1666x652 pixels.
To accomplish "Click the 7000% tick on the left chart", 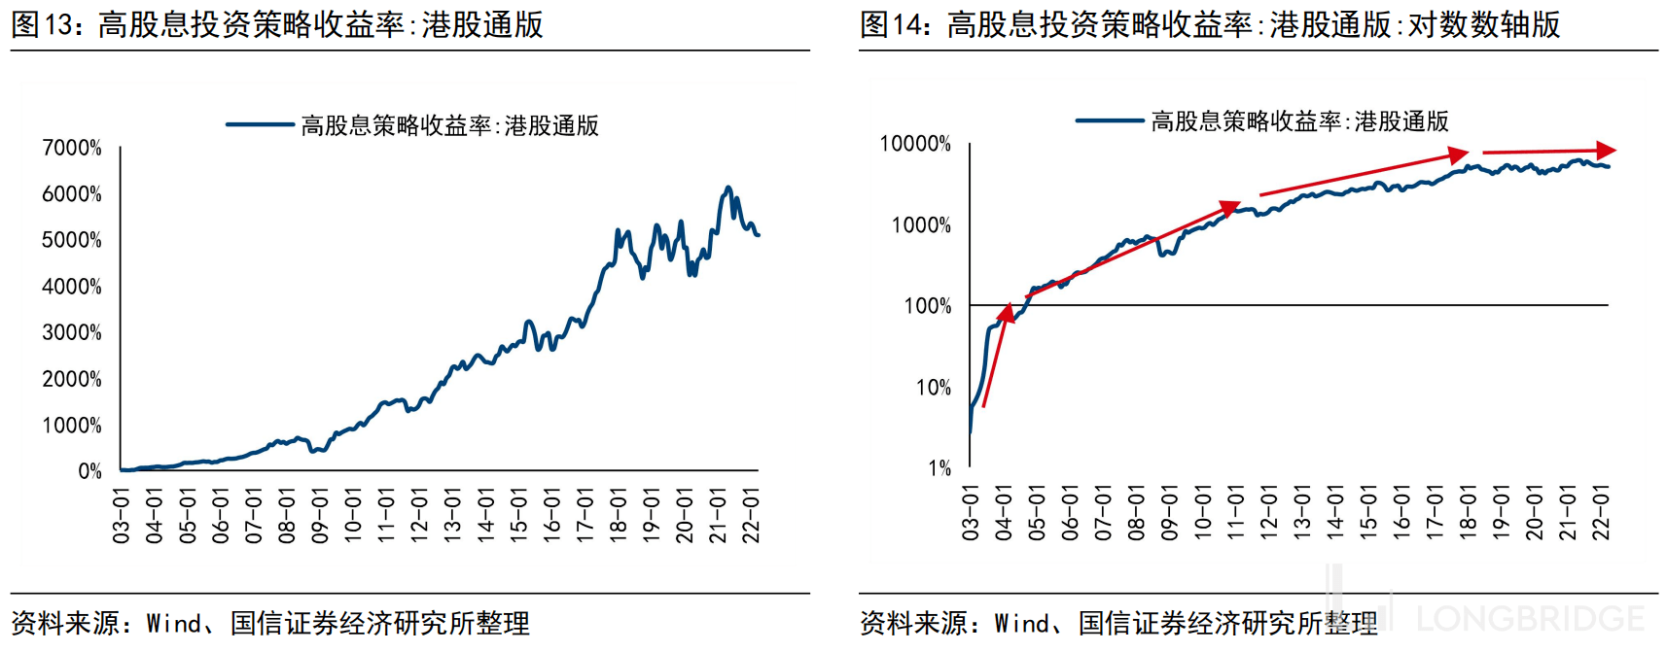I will (72, 148).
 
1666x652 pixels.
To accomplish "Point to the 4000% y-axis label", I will (72, 287).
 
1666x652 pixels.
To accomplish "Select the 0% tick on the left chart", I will (89, 471).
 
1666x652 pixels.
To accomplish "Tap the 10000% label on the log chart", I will (915, 144).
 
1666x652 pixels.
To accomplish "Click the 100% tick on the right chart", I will (928, 306).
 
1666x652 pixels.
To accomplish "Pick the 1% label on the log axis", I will (939, 468).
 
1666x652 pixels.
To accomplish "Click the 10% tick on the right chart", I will (934, 388).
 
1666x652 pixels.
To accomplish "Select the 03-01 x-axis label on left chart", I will (122, 516).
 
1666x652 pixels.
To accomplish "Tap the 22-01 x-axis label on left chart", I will (751, 516).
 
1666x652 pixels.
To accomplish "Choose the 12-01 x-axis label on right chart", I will (1268, 512).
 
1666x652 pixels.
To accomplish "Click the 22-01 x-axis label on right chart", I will (1600, 512).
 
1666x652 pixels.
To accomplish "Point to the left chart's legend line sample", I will (260, 124).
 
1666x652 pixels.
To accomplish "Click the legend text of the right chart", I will (1299, 121).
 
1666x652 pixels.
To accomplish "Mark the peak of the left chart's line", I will (727, 188).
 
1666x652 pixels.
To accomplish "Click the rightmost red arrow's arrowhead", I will (1607, 151).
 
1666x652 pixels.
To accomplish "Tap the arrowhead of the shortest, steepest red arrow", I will (1008, 312).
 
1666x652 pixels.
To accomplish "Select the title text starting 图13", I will (277, 24).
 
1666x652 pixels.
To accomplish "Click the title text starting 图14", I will (1210, 24).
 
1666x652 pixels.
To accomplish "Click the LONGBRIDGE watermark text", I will (1529, 619).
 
